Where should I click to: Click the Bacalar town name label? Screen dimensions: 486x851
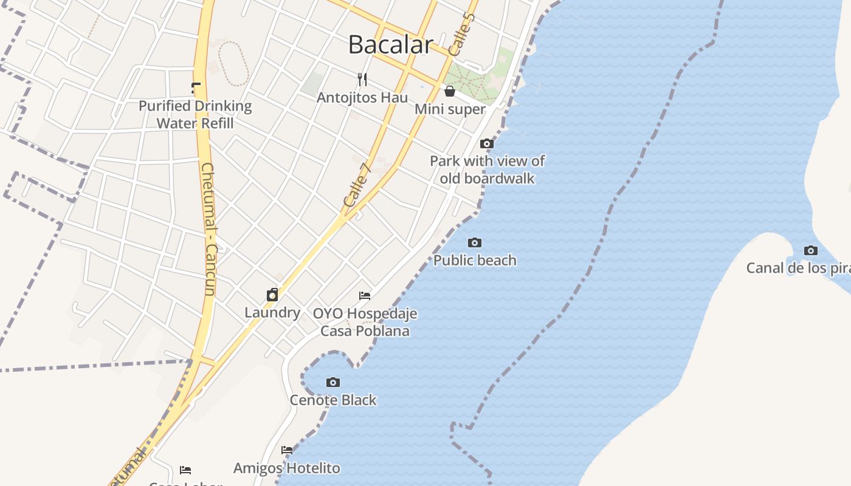coord(390,44)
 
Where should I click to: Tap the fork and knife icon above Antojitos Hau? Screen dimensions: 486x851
coord(363,80)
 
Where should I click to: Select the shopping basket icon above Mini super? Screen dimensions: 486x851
coord(450,91)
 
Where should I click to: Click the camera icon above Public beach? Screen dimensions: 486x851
coord(475,243)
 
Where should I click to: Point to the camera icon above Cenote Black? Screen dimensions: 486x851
coord(332,382)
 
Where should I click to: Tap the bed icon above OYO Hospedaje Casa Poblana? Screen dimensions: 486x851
coord(365,296)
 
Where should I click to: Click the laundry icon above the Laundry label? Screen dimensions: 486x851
coord(272,295)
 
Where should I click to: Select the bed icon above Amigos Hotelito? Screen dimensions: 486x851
coord(287,450)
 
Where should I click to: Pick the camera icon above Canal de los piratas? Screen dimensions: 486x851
coord(810,250)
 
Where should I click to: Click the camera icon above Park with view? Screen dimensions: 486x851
coord(487,144)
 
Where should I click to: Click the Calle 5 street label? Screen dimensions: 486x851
coord(460,34)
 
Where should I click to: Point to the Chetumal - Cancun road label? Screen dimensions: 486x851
coord(208,229)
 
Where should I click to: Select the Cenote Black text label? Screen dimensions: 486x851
coord(333,400)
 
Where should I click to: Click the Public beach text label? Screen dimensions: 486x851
coord(475,261)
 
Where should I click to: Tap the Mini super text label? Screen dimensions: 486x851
coord(450,109)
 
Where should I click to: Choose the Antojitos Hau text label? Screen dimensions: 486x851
coord(362,97)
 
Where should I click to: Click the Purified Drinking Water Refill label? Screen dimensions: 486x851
coord(195,114)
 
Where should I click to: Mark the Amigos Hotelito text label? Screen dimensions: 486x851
coord(287,468)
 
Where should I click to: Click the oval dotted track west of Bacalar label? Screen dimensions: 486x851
coord(233,64)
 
